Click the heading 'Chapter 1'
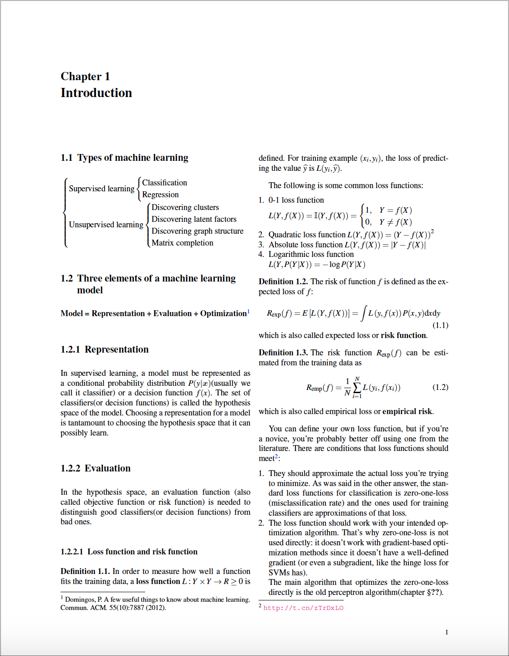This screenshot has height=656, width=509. click(x=85, y=77)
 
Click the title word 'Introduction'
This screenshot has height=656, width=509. click(x=96, y=93)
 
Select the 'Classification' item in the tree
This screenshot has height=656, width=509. click(x=164, y=183)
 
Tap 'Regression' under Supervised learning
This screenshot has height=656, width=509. click(x=160, y=195)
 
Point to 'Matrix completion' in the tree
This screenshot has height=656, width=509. click(x=182, y=243)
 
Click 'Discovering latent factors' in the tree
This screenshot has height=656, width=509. click(x=194, y=219)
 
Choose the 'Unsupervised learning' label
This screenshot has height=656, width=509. click(x=106, y=225)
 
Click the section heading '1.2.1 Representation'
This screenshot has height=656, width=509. click(x=104, y=349)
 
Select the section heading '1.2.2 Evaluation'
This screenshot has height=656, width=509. click(x=95, y=468)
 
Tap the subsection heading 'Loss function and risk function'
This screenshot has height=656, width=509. click(x=142, y=552)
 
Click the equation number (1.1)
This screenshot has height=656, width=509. click(x=440, y=325)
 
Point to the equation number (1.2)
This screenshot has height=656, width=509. click(x=440, y=387)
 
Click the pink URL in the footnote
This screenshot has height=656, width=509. click(x=303, y=608)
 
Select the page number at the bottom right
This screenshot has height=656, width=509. click(x=447, y=632)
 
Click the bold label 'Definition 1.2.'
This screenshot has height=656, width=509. click(x=283, y=282)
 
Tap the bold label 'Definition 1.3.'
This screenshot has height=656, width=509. click(x=283, y=353)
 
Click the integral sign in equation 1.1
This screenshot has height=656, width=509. click(x=363, y=313)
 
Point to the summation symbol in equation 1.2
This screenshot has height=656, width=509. click(x=357, y=387)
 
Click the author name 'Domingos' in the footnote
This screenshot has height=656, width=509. click(x=80, y=600)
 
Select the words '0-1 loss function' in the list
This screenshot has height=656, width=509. click(x=296, y=200)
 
